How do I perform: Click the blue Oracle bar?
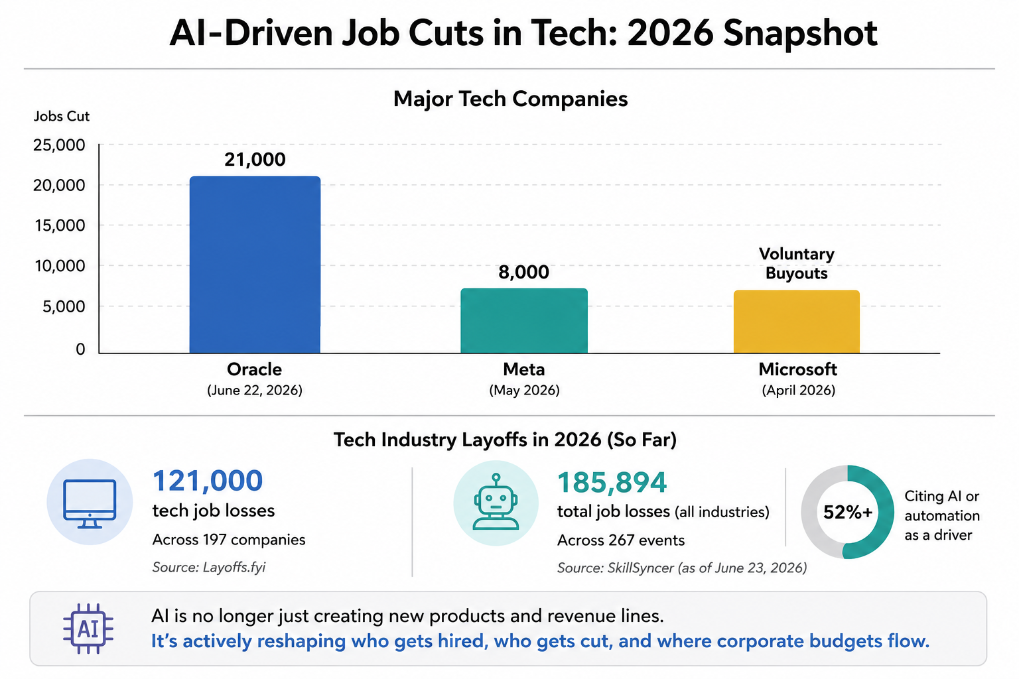pyautogui.click(x=255, y=265)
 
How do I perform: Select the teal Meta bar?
pyautogui.click(x=524, y=321)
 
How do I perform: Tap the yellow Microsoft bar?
pyautogui.click(x=797, y=322)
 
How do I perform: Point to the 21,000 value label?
pyautogui.click(x=255, y=160)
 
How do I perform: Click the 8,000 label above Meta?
pyautogui.click(x=523, y=272)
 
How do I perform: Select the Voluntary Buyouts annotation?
pyautogui.click(x=797, y=263)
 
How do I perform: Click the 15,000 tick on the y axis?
pyautogui.click(x=60, y=225)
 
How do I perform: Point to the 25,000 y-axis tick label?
pyautogui.click(x=59, y=145)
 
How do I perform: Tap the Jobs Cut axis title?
pyautogui.click(x=62, y=117)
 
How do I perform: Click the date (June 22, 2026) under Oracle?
pyautogui.click(x=255, y=390)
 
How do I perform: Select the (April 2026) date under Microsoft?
pyautogui.click(x=798, y=390)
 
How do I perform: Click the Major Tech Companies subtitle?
pyautogui.click(x=510, y=99)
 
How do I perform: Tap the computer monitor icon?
pyautogui.click(x=90, y=504)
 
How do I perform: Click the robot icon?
pyautogui.click(x=496, y=502)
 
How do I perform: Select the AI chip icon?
pyautogui.click(x=88, y=629)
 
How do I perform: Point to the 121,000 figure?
pyautogui.click(x=208, y=481)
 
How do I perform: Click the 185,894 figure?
pyautogui.click(x=612, y=483)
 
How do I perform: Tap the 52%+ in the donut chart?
pyautogui.click(x=847, y=513)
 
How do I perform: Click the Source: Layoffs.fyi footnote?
pyautogui.click(x=209, y=568)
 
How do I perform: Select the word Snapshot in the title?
pyautogui.click(x=800, y=34)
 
